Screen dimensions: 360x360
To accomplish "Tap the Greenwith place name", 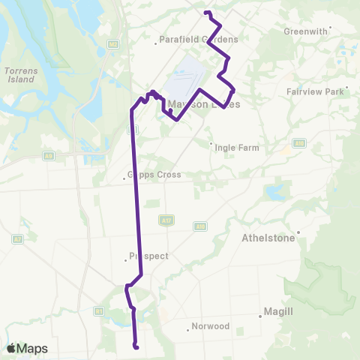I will [x=306, y=31].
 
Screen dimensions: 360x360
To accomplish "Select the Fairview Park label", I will [x=315, y=91].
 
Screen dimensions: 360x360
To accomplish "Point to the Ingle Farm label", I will [x=236, y=148].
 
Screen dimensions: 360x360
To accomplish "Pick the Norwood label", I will [x=209, y=326].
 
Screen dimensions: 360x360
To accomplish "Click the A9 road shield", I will [x=49, y=155].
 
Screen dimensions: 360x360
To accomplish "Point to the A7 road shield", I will [x=16, y=239].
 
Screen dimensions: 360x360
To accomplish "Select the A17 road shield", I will [x=166, y=220].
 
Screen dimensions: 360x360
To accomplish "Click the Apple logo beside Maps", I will [x=10, y=348].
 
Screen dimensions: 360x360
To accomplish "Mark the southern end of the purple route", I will [x=136, y=346].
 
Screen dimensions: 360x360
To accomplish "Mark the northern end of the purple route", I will [x=206, y=12].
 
